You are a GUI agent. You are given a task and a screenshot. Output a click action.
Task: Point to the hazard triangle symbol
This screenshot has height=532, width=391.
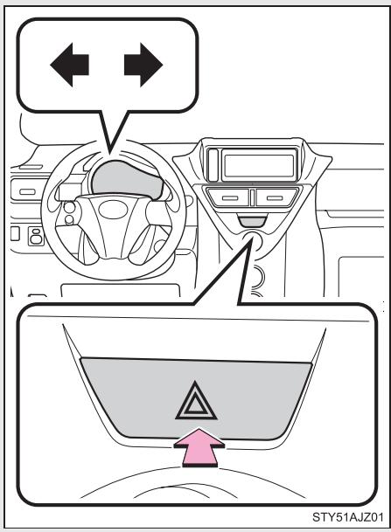coord(197,402)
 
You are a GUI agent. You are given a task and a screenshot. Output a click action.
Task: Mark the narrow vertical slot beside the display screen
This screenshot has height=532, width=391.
coord(213,162)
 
